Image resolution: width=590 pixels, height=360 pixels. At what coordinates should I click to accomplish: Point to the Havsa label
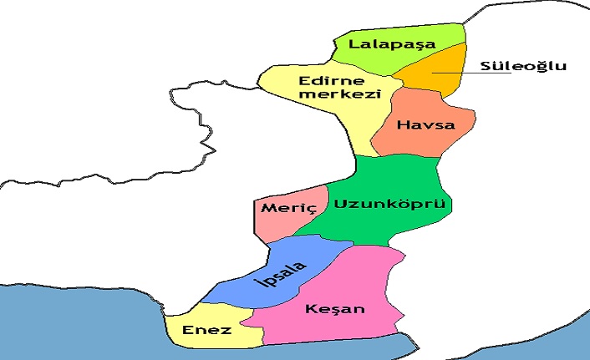coord(426,126)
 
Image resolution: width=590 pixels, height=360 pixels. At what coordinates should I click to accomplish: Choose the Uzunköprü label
coord(392,204)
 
